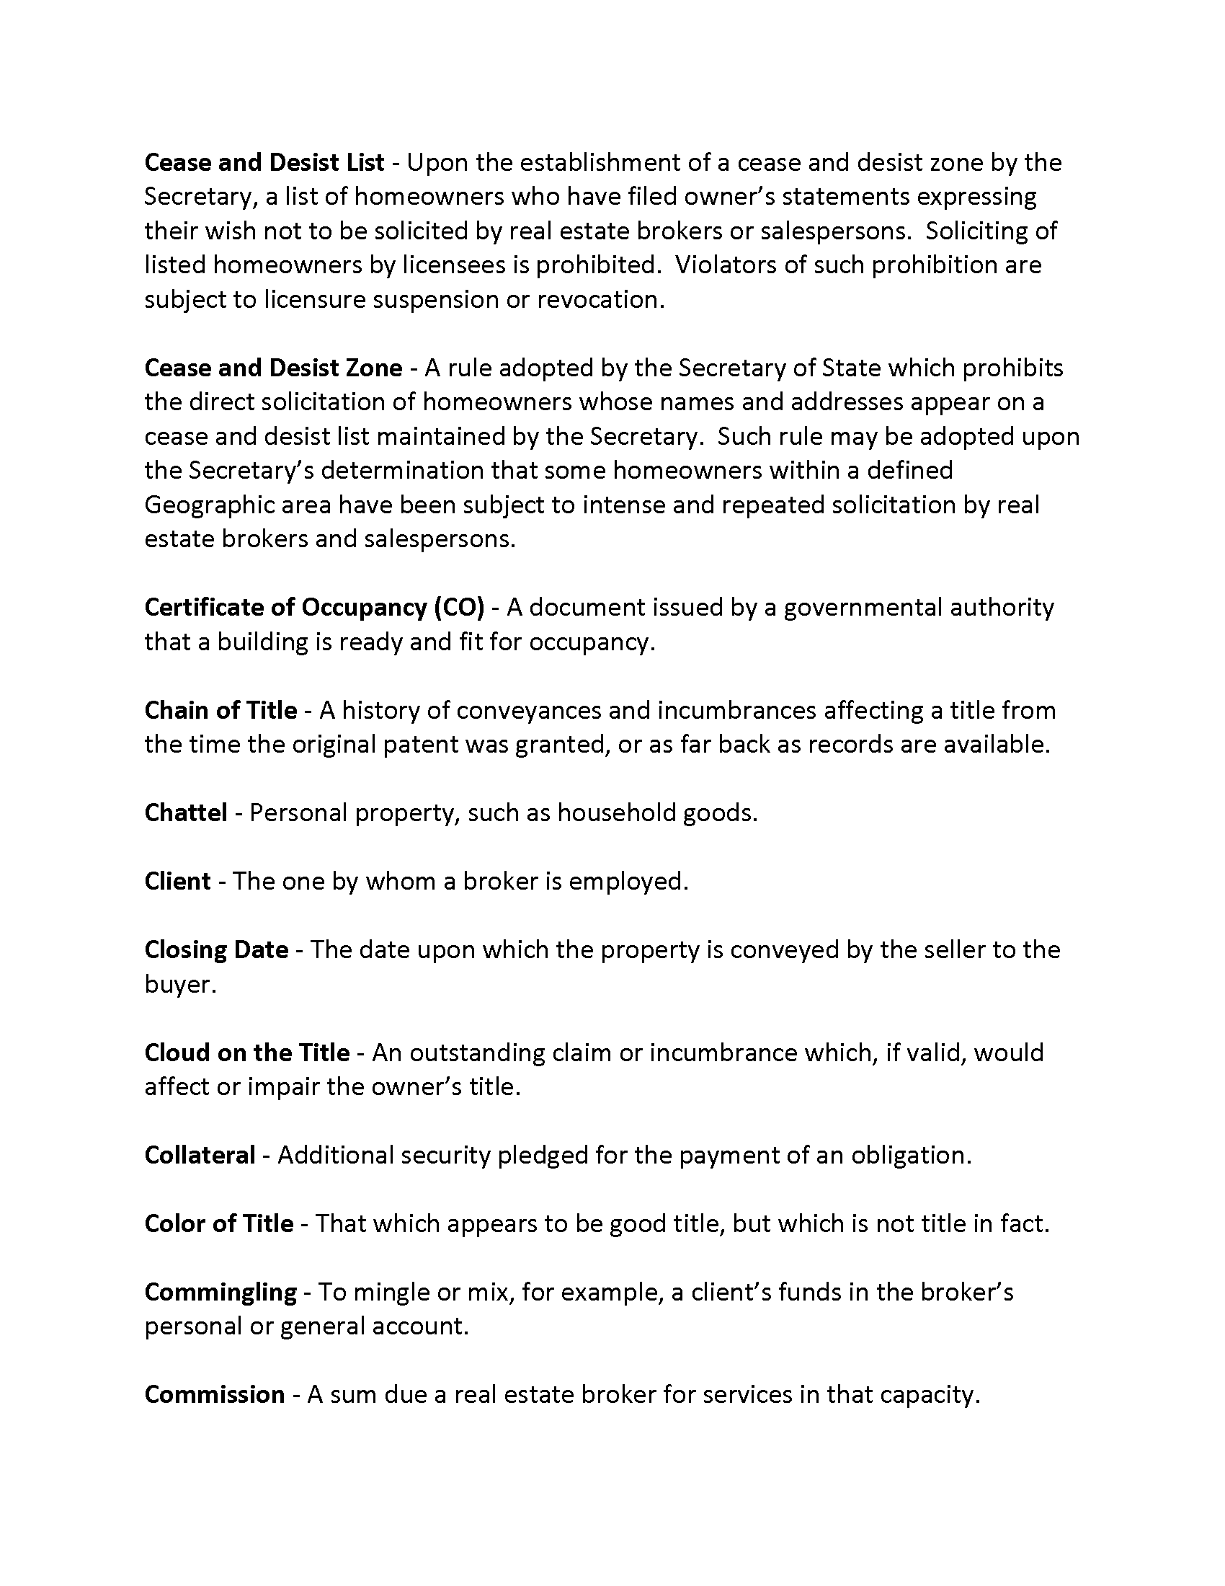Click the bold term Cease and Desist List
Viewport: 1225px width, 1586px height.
point(264,163)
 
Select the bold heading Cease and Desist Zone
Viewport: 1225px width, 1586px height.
point(273,368)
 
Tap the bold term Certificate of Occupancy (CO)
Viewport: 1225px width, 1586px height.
point(314,607)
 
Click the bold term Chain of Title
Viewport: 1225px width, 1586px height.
point(220,710)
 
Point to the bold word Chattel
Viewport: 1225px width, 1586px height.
point(186,812)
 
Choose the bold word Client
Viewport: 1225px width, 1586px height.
point(178,882)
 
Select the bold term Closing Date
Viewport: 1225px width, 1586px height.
point(216,950)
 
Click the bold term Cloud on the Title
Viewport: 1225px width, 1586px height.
point(246,1053)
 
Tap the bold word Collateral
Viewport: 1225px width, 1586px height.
point(200,1156)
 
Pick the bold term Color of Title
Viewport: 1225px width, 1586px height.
point(218,1223)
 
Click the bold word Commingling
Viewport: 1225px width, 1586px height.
point(220,1292)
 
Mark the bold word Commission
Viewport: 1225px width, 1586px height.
point(214,1395)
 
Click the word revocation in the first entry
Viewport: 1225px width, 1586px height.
point(600,300)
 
